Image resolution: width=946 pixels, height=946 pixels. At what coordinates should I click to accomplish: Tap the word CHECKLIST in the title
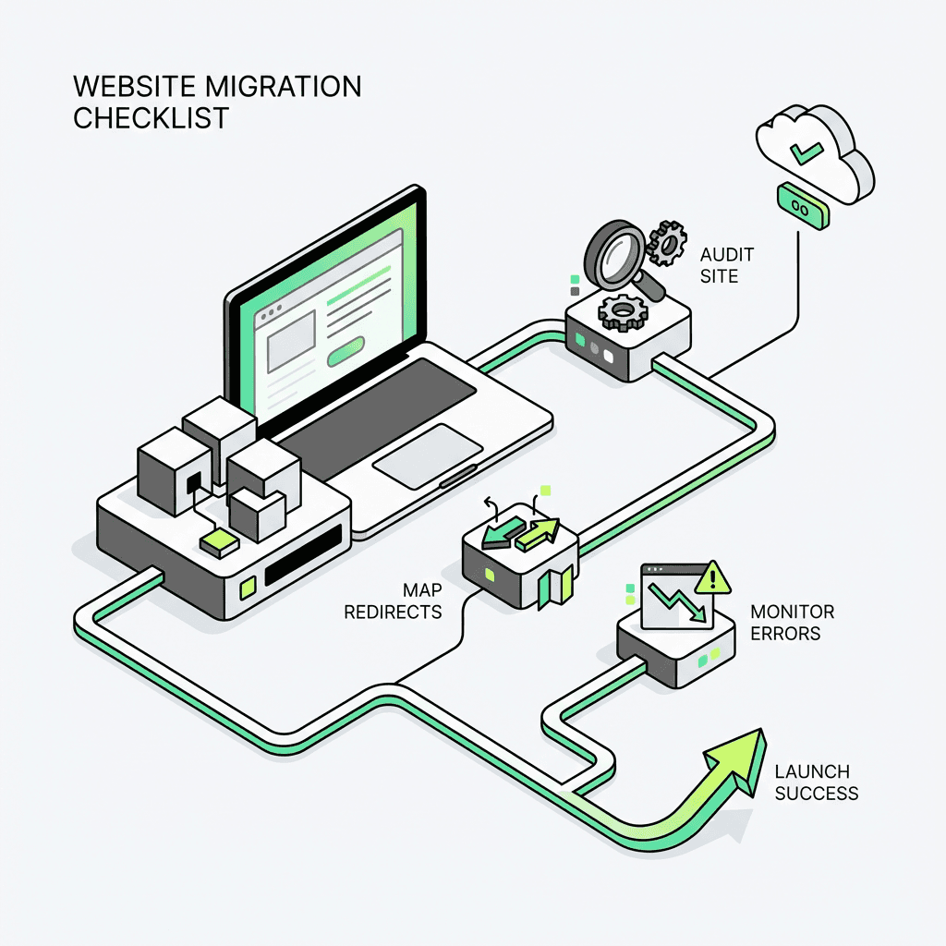[x=150, y=119]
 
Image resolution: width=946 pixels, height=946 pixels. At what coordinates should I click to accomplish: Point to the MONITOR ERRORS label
[x=792, y=623]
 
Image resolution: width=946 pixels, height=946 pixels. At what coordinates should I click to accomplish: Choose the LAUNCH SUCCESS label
[x=816, y=782]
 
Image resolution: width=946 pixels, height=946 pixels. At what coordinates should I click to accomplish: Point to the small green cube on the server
[x=220, y=542]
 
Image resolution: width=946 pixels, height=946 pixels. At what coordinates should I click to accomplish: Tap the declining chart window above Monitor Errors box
[x=673, y=596]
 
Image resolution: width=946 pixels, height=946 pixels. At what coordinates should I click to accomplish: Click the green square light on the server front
[x=247, y=586]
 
